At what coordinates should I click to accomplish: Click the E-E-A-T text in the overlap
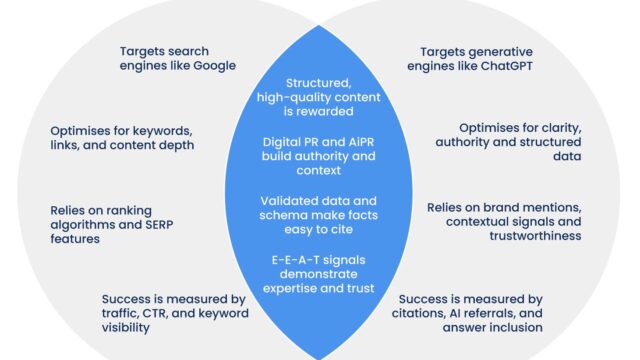pos(287,261)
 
